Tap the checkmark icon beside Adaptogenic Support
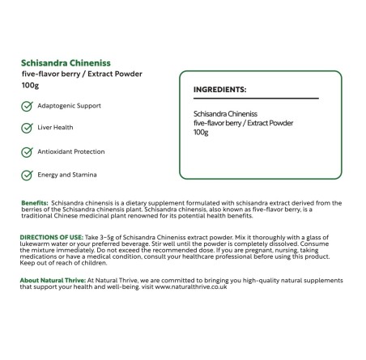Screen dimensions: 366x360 [x=27, y=106]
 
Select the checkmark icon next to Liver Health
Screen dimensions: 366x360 [x=27, y=128]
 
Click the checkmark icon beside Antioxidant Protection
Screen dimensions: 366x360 [x=27, y=151]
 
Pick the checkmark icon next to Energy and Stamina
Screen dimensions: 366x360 [x=27, y=175]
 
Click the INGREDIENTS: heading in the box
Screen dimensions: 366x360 [x=220, y=90]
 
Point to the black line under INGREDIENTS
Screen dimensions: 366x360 [x=256, y=99]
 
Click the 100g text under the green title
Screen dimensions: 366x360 [x=31, y=85]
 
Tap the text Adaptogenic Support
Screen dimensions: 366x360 [x=70, y=106]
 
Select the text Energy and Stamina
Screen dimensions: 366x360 [x=67, y=175]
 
